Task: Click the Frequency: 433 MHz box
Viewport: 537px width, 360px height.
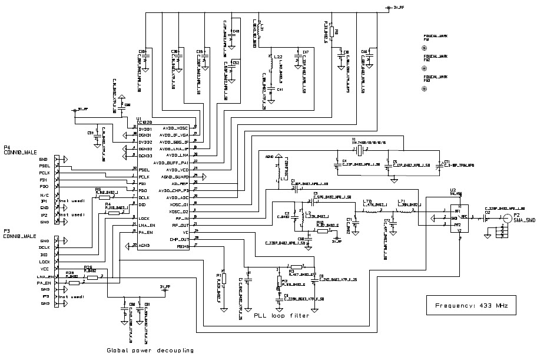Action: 471,306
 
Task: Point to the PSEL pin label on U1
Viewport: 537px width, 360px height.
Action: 144,170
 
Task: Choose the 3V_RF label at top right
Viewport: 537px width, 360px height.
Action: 397,8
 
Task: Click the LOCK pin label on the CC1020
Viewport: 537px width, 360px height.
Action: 144,218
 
